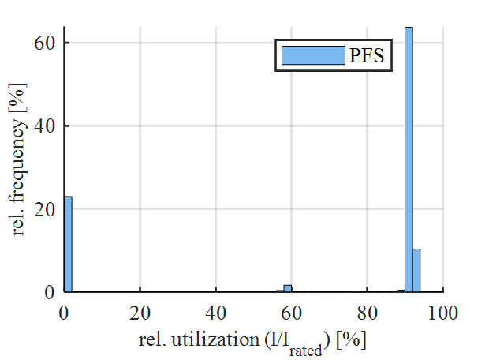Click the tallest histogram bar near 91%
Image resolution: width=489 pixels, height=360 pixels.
409,158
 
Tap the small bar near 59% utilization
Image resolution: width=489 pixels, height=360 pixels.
288,289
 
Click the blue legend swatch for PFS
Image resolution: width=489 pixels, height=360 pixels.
313,55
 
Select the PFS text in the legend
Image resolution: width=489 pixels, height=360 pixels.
371,55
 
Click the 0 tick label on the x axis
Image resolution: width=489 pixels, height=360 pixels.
65,311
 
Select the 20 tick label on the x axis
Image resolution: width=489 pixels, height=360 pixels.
140,311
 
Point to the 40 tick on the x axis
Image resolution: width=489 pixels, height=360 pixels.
216,311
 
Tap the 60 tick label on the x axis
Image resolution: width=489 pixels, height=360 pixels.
292,311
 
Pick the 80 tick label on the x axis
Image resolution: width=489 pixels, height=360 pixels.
368,311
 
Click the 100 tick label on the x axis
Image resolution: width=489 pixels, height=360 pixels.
443,311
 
